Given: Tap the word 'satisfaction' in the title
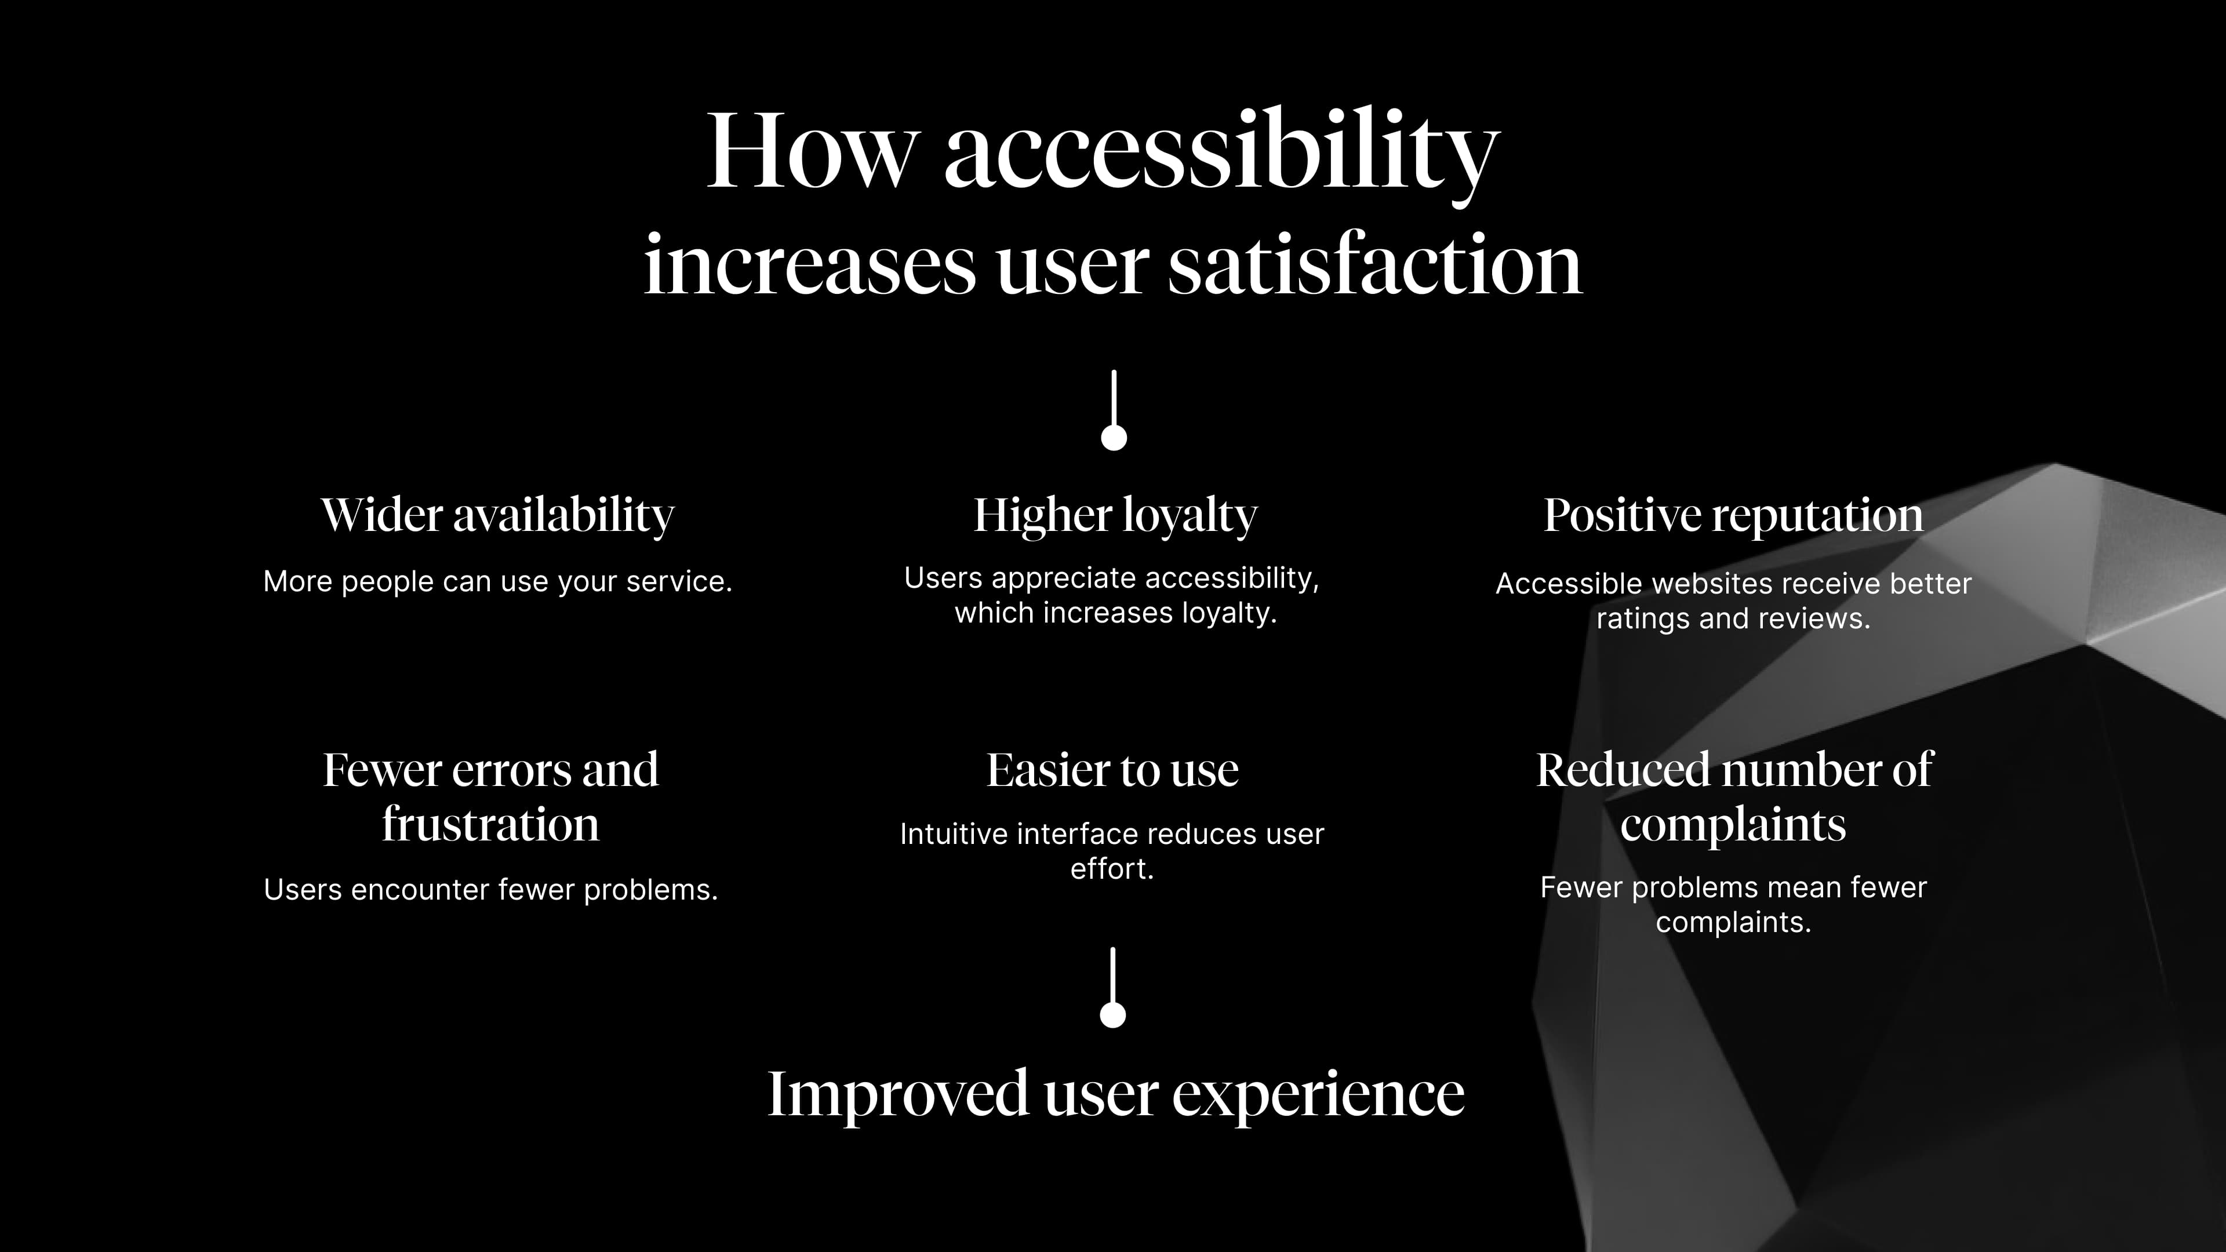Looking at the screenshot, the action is point(1375,264).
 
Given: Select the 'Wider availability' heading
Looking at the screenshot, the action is point(498,516).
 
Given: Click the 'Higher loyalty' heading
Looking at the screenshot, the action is point(1115,516).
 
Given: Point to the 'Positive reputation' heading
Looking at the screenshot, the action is point(1733,516).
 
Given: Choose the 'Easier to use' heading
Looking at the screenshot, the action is point(1113,770).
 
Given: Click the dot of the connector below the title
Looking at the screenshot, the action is point(1114,437).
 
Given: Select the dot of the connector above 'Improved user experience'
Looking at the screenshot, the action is point(1113,1014).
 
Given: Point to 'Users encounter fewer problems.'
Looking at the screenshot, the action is point(491,890).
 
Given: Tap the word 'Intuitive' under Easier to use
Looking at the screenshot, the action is point(955,835).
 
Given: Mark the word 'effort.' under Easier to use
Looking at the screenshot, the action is point(1112,869).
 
